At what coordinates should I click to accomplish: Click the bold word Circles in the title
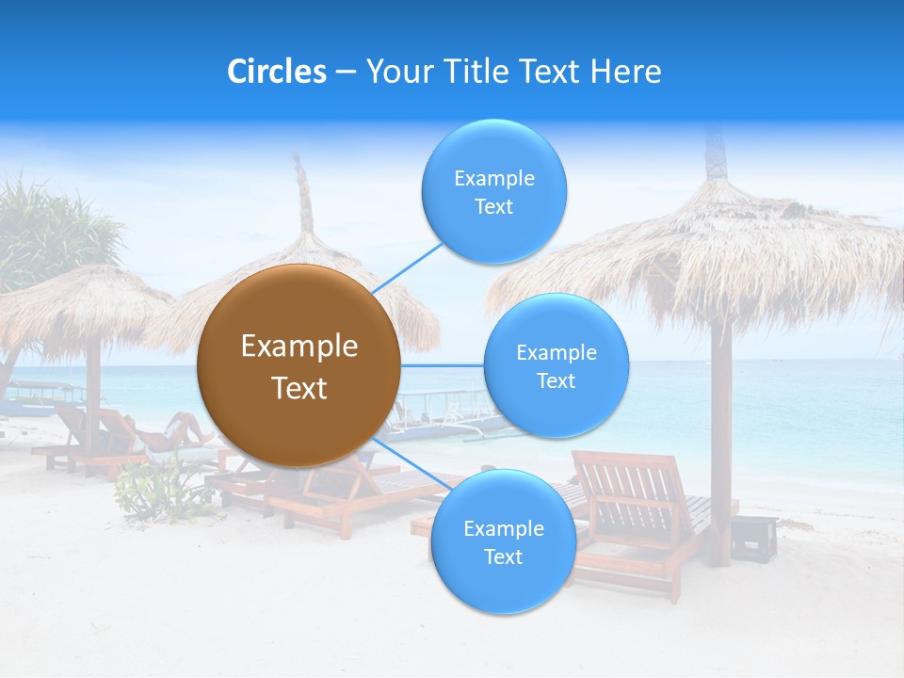click(277, 72)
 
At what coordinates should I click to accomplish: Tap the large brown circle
click(299, 365)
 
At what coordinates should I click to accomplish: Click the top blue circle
click(493, 192)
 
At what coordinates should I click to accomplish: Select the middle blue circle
click(556, 365)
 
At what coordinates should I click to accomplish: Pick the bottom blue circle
click(503, 542)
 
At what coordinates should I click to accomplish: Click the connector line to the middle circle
click(443, 365)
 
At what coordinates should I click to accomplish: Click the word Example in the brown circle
click(299, 347)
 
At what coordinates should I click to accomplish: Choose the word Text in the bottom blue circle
click(503, 557)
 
